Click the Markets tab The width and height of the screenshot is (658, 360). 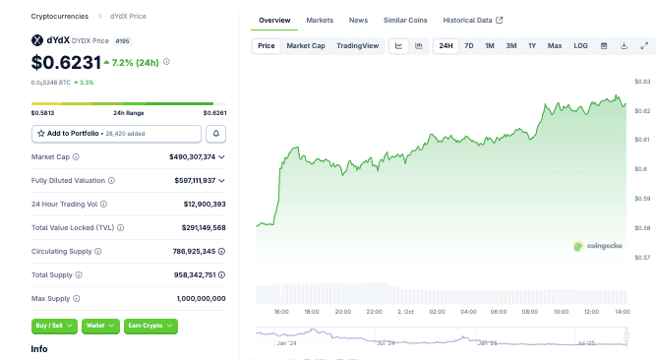coord(320,20)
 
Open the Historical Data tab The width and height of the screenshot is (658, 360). coord(472,20)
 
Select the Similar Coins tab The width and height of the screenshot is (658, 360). coord(405,20)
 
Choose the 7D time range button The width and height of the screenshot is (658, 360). coord(469,46)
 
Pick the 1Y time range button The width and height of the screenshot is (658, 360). coord(532,46)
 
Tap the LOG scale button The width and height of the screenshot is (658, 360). coord(580,46)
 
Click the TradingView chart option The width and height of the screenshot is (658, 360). coord(357,46)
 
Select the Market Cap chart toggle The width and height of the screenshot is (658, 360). coord(306,46)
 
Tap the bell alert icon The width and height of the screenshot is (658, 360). coord(215,133)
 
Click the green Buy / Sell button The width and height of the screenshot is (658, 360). coord(54,325)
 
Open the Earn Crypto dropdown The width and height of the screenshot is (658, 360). coord(150,325)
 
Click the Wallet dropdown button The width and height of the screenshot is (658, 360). coord(100,325)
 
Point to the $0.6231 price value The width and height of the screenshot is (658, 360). coord(66,63)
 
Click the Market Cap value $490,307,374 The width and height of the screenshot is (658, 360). coord(185,156)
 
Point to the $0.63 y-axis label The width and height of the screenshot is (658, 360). coord(641,82)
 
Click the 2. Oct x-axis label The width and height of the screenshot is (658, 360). coord(404,311)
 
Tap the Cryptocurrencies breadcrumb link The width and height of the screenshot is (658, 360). coord(59,17)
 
